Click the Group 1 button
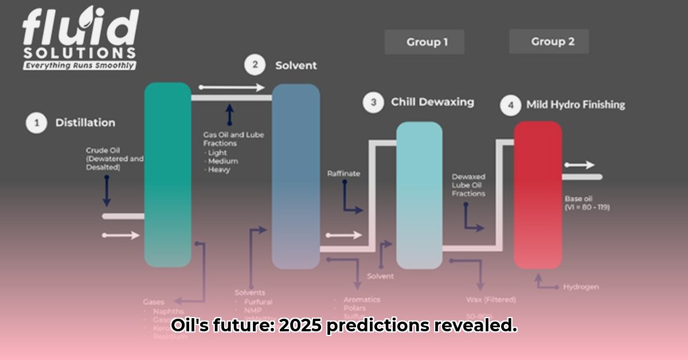[424, 42]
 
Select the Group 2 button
[549, 42]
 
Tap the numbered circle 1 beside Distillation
[37, 123]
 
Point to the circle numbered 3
[373, 102]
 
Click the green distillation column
[167, 175]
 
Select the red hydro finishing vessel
[537, 195]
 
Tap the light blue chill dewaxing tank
[419, 195]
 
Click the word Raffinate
[343, 173]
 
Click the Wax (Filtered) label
[491, 299]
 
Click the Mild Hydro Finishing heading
[576, 105]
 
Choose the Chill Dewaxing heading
[432, 102]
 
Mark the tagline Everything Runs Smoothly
[79, 65]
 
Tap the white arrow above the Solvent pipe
[232, 88]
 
